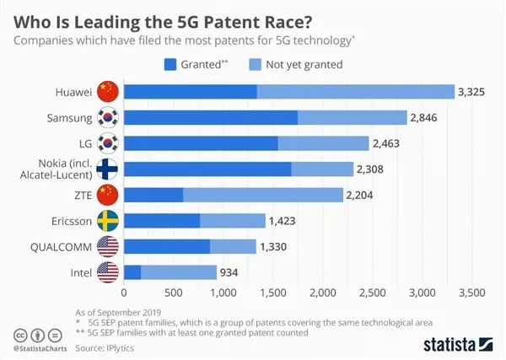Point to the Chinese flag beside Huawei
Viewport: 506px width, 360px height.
coord(108,91)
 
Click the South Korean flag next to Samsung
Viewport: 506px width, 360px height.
coord(108,117)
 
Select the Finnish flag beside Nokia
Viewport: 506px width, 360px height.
coord(108,169)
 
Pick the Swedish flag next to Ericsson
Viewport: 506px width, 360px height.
coord(108,221)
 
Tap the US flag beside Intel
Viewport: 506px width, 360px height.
coord(108,272)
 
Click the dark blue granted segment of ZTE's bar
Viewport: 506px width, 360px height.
coord(153,195)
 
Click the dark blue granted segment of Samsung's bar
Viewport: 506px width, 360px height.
coord(210,117)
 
